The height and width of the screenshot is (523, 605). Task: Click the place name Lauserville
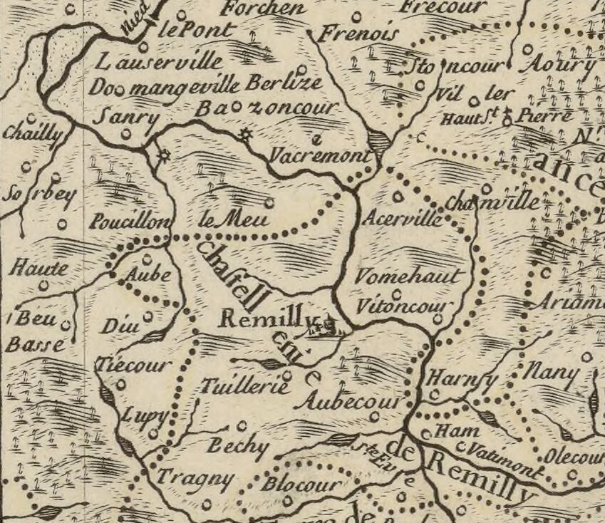161,63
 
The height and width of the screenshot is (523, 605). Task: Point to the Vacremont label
321,155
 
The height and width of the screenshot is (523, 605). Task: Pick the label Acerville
402,218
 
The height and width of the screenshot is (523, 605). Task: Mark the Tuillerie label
245,387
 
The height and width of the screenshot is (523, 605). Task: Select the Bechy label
238,446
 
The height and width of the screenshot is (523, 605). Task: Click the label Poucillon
130,222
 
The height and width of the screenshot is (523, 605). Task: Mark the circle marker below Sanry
126,133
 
